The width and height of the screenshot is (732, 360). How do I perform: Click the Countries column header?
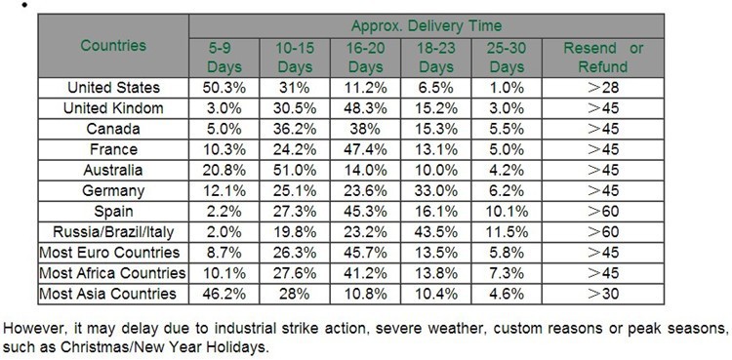point(113,46)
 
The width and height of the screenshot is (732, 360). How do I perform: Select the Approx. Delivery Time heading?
point(427,25)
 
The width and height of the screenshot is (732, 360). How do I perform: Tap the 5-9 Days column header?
point(224,58)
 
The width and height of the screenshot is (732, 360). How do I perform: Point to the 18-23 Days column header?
point(436,58)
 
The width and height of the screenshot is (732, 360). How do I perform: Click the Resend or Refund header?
point(603,58)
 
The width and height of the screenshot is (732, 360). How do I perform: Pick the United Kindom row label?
point(113,108)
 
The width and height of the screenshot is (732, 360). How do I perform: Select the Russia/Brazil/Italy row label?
point(113,231)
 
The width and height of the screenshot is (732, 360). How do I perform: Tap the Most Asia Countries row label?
point(107,294)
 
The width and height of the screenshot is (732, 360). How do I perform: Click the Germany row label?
point(113,190)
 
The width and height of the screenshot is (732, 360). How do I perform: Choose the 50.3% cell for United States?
point(224,88)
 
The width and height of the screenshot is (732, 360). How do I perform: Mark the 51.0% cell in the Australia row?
point(295,170)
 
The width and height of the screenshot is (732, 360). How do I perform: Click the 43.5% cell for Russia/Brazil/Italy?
point(436,231)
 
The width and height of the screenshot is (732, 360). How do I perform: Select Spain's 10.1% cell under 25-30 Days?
point(507,211)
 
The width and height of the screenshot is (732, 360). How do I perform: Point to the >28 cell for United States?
point(603,88)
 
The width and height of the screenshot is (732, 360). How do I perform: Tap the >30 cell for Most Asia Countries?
point(603,294)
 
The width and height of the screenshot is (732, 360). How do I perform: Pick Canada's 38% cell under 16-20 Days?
point(366,129)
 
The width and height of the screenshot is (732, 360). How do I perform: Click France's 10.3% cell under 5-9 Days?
point(224,149)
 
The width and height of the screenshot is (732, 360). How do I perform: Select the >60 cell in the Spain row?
point(603,211)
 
